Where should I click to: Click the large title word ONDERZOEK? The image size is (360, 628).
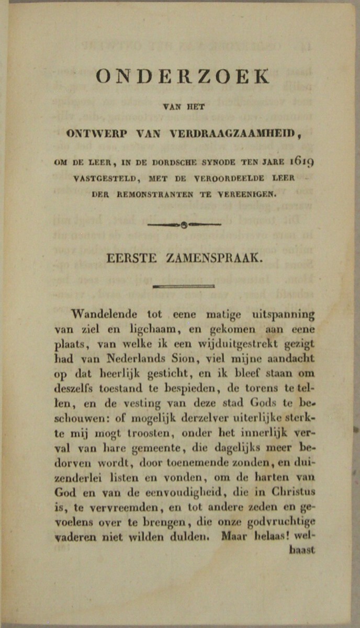(183, 77)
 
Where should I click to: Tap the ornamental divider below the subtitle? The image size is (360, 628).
(184, 225)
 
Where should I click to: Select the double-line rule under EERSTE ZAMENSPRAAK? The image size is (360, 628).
(184, 286)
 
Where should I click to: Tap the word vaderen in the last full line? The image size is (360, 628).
(75, 537)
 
